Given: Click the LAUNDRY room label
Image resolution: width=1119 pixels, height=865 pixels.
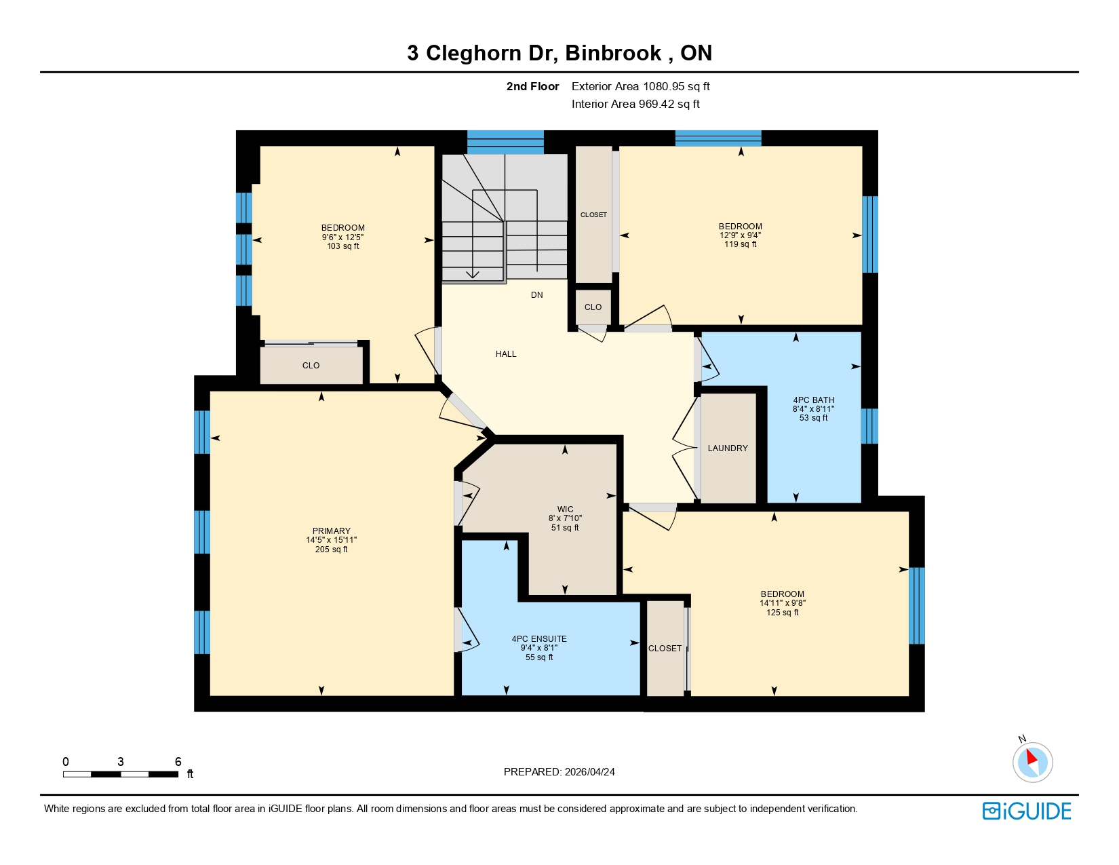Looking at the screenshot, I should (728, 448).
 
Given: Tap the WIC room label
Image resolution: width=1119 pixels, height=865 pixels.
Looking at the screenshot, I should (565, 510).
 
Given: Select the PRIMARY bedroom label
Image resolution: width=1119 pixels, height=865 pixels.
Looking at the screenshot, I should (332, 531).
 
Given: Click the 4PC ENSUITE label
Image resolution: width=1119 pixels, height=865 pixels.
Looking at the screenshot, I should (539, 639).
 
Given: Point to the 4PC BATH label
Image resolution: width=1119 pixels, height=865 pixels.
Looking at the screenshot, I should (814, 400).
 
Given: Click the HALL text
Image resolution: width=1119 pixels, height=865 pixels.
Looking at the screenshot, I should (506, 354).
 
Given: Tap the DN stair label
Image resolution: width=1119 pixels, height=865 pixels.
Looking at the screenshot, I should (537, 295).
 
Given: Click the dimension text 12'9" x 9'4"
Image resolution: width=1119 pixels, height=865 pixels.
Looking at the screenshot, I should (741, 235).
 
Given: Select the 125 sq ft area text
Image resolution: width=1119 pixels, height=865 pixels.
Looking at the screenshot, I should (782, 613).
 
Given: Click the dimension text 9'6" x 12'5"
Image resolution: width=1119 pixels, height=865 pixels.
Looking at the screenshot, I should (343, 237).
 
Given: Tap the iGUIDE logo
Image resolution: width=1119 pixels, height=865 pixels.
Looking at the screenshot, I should (1027, 811).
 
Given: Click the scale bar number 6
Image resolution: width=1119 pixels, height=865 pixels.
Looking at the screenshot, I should (178, 762).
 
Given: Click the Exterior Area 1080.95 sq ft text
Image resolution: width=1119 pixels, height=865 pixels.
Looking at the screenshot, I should (640, 87).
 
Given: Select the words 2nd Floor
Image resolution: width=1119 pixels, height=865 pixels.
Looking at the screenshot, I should (532, 87).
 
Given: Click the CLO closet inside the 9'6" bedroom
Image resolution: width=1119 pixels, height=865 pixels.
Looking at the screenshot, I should (311, 366).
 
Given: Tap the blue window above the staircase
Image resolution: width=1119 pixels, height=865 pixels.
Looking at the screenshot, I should (505, 142).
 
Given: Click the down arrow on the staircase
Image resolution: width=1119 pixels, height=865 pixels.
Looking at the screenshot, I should (473, 273).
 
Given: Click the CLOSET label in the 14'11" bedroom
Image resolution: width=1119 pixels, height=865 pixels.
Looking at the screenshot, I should (665, 649).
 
